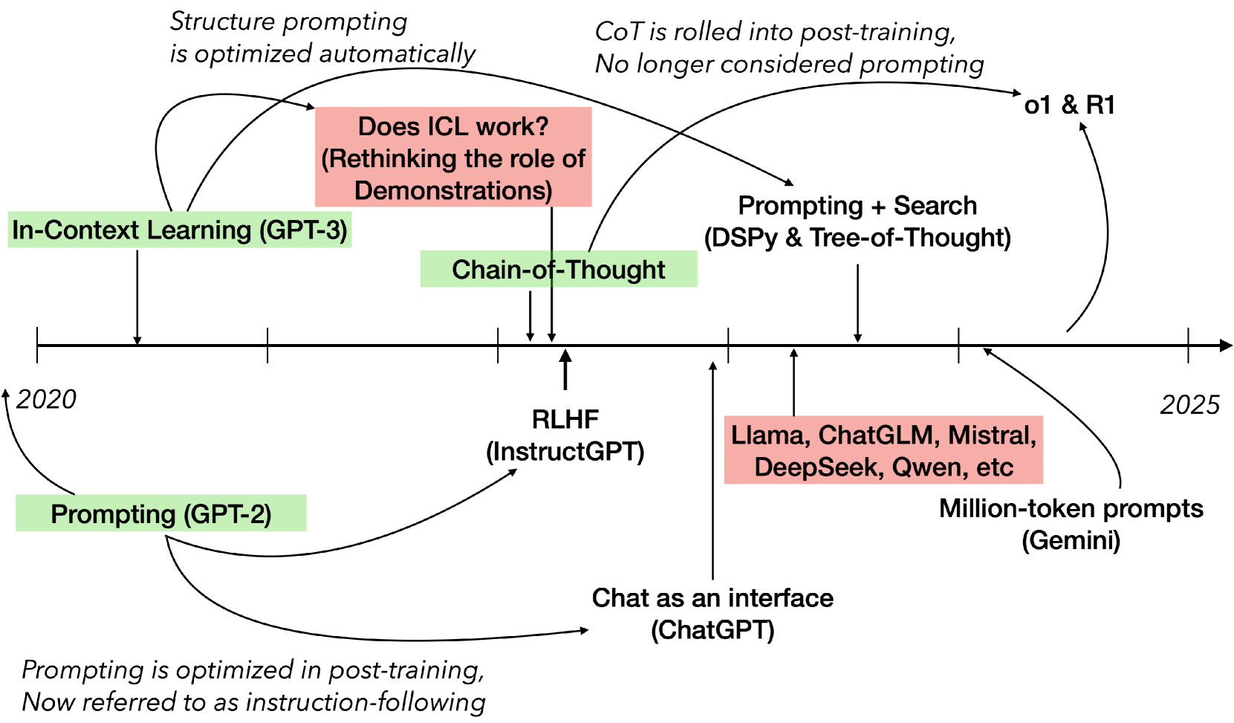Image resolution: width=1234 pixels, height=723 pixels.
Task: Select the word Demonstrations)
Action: pos(453,191)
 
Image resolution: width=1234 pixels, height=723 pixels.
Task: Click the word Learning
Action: pos(199,230)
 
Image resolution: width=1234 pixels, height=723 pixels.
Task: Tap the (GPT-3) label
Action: pos(303,230)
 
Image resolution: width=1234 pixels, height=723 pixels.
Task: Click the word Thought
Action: pos(615,270)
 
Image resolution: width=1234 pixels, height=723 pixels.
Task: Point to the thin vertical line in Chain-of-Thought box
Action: pos(552,269)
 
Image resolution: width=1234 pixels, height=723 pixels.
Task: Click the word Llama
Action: pos(767,435)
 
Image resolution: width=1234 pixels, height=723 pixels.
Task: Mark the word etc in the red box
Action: pos(996,467)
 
